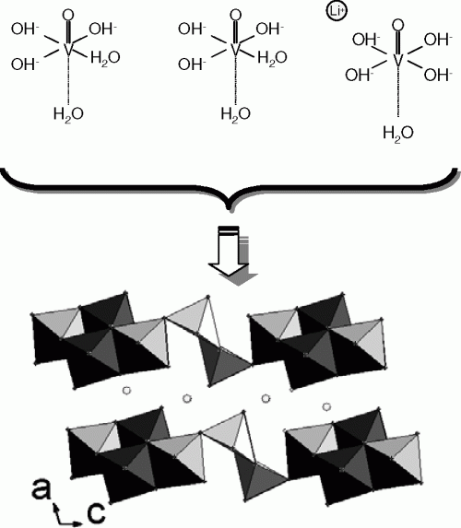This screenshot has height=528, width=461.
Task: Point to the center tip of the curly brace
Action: pos(230,209)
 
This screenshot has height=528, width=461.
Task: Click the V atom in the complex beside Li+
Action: pos(398,61)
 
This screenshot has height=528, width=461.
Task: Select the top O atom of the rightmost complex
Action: pos(398,25)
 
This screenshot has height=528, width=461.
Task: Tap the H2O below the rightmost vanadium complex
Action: pos(398,134)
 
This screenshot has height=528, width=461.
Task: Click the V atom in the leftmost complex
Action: pos(68,50)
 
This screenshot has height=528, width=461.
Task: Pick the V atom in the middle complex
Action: pos(235,50)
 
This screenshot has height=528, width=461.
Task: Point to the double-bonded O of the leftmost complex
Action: pos(68,15)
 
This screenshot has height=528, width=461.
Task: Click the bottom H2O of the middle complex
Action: pos(235,114)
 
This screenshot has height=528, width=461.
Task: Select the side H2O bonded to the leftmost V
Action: pos(105,58)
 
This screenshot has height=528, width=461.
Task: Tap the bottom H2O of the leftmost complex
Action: pos(68,114)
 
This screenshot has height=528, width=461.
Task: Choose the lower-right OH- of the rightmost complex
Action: pos(438,75)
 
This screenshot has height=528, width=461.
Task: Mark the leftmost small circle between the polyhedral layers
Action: pos(126,391)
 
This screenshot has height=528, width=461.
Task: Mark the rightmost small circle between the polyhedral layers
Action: pos(326,406)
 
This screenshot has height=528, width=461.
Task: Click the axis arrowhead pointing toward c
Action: pos(78,523)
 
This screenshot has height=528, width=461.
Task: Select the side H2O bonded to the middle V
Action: pos(272,58)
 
